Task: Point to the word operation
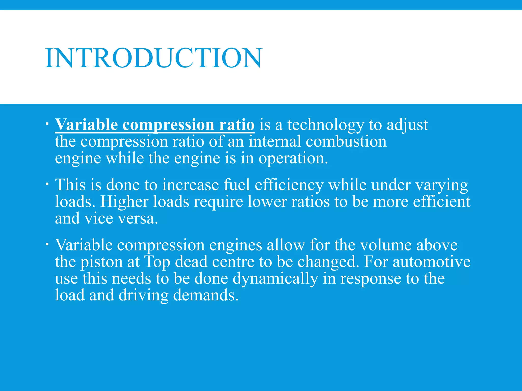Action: coord(293,158)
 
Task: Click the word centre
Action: coord(233,262)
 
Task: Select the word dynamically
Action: coord(275,279)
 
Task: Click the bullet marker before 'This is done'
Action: coord(47,184)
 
